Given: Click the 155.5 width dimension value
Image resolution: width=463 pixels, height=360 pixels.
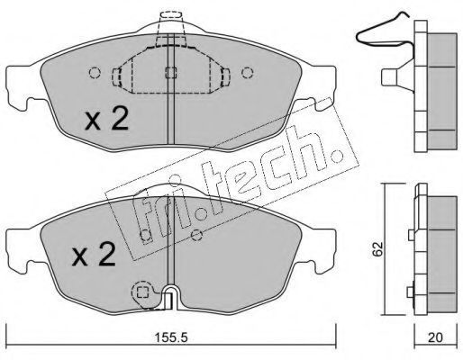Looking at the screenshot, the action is (x=171, y=338).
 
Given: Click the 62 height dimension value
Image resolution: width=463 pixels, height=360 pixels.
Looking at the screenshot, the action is (x=377, y=249).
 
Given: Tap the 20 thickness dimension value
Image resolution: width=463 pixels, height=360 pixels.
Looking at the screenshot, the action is (x=435, y=338).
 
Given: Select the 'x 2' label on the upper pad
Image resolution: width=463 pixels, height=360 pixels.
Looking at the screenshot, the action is (x=106, y=119).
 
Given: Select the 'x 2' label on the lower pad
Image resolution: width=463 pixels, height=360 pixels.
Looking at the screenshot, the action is (x=94, y=255).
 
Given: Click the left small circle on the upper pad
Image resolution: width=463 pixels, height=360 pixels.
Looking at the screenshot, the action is (x=95, y=73).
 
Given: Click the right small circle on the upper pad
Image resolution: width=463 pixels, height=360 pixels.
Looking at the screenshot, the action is (x=248, y=73).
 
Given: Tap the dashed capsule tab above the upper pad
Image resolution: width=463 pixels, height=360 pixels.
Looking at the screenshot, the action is (x=170, y=15).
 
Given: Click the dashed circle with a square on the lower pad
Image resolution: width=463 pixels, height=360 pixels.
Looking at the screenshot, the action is (x=142, y=292).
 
